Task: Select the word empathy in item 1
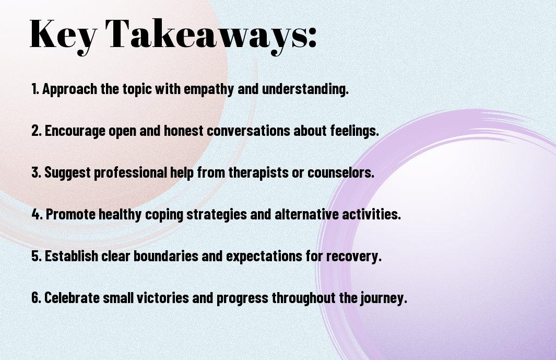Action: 208,89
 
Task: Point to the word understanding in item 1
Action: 305,89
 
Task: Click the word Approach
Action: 69,89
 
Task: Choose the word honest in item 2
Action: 183,131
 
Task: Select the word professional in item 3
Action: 130,173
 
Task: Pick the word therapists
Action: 258,173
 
